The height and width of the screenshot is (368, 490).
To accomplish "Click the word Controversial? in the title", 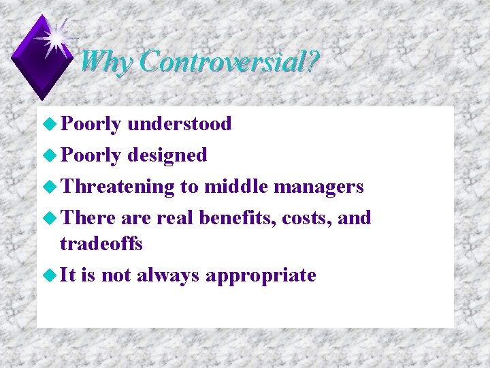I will [x=229, y=62].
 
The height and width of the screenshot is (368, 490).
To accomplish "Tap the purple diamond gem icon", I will [x=42, y=59].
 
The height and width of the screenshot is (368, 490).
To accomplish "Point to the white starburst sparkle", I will [x=58, y=37].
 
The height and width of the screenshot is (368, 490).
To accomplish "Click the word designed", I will [x=167, y=155].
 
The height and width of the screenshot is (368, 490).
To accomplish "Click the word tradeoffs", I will [x=101, y=243].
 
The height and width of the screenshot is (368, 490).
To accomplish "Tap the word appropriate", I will [x=261, y=275].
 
